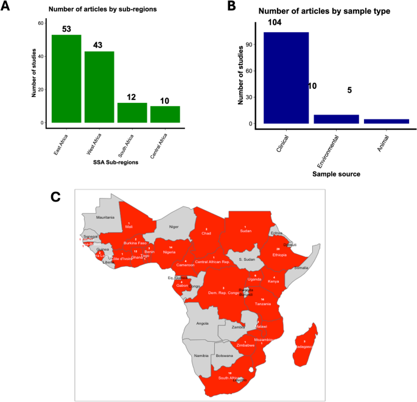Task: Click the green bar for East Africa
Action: pos(66,79)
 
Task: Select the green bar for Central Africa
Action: pos(165,115)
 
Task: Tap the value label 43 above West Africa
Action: pos(99,45)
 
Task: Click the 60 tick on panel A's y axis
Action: pos(41,23)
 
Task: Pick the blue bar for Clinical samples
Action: pos(286,78)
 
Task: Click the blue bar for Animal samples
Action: pos(387,121)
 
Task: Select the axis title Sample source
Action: pos(336,174)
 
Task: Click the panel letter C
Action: pos(56,196)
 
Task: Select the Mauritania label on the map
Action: pos(104,217)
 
